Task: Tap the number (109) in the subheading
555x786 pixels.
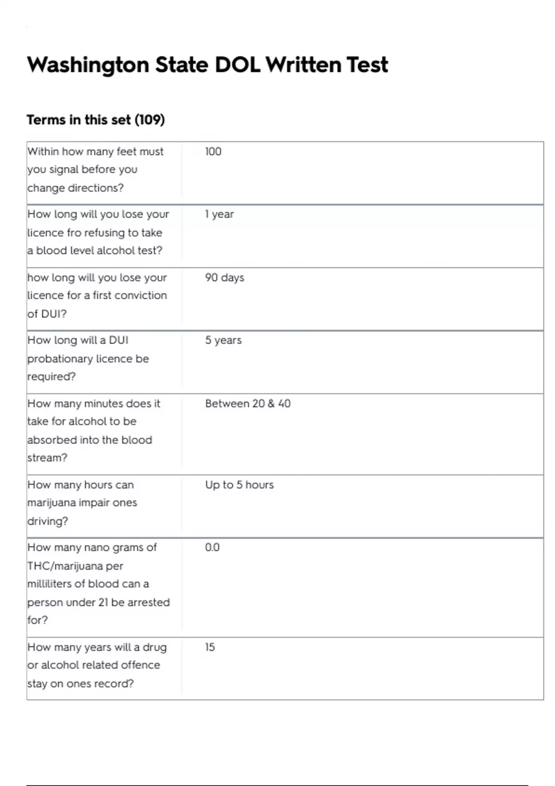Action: tap(149, 120)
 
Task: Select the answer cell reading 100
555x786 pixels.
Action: tap(213, 152)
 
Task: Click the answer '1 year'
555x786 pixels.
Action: tap(219, 215)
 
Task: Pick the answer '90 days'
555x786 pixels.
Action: tap(224, 277)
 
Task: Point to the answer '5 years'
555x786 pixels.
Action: tap(223, 340)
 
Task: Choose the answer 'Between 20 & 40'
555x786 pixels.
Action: tap(248, 404)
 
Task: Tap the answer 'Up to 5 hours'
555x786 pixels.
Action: tap(239, 485)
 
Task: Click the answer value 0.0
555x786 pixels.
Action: tap(212, 547)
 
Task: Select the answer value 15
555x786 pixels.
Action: tap(210, 647)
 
